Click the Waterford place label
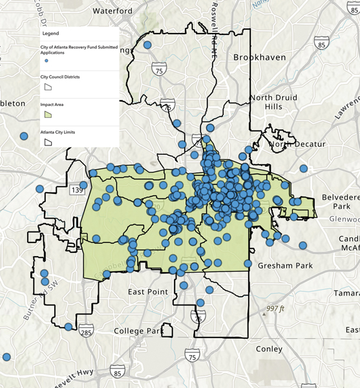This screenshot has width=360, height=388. tap(112, 11)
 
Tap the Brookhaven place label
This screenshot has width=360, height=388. tap(260, 58)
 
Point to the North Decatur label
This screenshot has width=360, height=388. tap(299, 144)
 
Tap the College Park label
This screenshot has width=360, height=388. tap(140, 331)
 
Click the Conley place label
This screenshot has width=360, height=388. tap(269, 349)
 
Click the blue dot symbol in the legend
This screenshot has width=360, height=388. tap(47, 59)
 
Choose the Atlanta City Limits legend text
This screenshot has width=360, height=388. tap(58, 132)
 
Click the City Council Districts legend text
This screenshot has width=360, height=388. tap(61, 76)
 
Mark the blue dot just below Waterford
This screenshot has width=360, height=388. tap(147, 45)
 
